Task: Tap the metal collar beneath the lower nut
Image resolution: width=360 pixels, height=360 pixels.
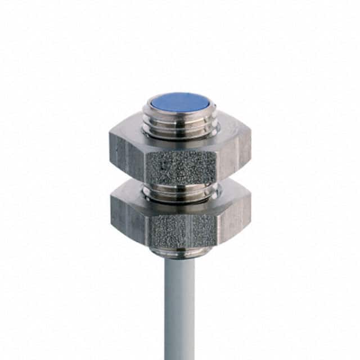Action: [180, 251]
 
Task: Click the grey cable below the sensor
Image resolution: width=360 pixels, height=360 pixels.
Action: [180, 304]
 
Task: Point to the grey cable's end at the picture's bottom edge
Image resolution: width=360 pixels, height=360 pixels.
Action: [180, 357]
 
